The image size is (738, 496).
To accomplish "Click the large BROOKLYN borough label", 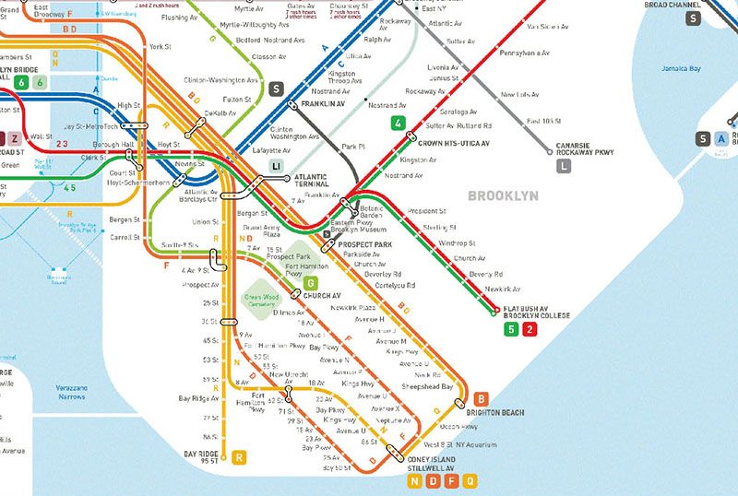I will tap(503, 196).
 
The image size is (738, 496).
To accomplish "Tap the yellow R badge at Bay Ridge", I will tap(240, 456).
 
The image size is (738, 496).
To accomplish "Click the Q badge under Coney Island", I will tap(470, 480).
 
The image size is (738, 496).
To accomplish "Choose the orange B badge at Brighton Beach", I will tap(481, 398).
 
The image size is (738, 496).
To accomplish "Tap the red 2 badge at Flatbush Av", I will tap(529, 330).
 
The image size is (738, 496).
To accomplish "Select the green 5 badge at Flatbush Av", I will tap(511, 330).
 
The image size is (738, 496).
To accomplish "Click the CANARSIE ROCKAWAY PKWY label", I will tap(586, 149).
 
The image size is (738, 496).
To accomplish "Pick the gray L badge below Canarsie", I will tap(565, 167).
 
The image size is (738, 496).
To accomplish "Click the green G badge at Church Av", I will tap(312, 282).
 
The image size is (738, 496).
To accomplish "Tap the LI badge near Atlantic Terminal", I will tap(276, 165).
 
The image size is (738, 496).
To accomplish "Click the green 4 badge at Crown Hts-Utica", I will tap(398, 124).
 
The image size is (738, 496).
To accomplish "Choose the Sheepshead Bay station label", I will tap(428, 387).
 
